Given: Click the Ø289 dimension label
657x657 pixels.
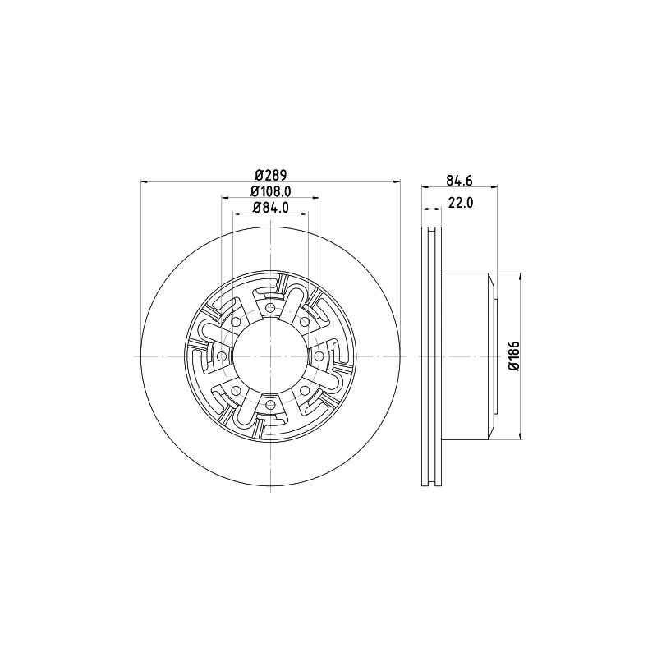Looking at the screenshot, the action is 270,174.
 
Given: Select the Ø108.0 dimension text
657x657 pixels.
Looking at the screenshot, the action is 271,191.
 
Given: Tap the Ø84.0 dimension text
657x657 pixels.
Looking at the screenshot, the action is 271,208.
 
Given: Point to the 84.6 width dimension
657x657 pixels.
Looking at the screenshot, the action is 459,180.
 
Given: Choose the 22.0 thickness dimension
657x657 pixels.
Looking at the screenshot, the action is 461,203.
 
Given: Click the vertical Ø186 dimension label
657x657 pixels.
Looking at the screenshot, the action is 514,356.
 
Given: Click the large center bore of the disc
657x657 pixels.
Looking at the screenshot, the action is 271,356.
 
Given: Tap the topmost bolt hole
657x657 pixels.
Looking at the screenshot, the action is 271,307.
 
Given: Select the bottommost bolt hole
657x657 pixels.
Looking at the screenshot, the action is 271,405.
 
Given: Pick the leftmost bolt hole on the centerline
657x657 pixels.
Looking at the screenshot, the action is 222,356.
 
